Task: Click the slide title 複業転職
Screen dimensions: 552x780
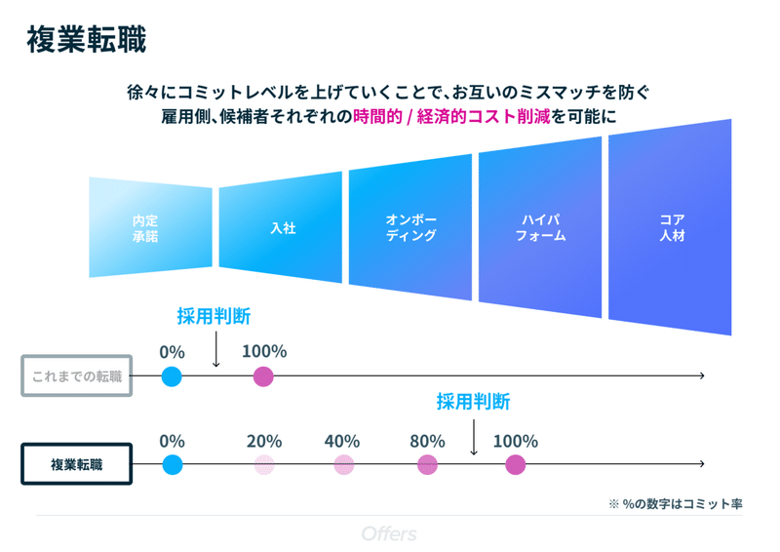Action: click(x=87, y=41)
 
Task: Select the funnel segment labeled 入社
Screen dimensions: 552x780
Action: click(x=281, y=228)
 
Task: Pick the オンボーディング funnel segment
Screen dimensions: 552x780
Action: click(x=410, y=228)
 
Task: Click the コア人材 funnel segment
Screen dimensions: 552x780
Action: click(x=670, y=228)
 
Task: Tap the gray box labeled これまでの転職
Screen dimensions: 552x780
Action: click(x=76, y=375)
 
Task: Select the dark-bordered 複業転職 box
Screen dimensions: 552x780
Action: click(x=76, y=464)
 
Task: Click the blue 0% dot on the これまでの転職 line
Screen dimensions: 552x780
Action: click(x=172, y=375)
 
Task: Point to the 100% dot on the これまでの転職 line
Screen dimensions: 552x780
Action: click(x=263, y=375)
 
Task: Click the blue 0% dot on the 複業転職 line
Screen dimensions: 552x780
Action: click(x=172, y=464)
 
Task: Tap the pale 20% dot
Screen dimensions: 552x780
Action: click(x=264, y=464)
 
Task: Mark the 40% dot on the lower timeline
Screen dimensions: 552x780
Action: click(x=343, y=464)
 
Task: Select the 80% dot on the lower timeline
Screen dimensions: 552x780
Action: click(x=427, y=464)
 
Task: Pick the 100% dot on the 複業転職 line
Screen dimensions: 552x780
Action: click(x=515, y=464)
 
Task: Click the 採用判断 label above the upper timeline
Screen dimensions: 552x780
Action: click(x=214, y=316)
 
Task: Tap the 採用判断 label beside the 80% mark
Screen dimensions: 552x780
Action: click(x=473, y=402)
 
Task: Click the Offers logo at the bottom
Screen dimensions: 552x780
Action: click(x=389, y=533)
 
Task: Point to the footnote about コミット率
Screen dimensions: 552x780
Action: click(x=675, y=503)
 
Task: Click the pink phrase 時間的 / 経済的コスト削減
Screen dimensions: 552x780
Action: click(x=451, y=116)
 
